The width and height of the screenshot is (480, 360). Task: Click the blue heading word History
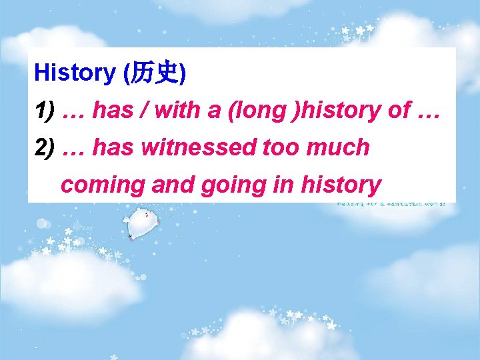coord(74,72)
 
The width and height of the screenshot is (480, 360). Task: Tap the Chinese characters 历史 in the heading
coord(155,73)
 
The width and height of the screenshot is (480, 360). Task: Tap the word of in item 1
coord(398,110)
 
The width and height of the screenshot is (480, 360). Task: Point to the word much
coord(339,147)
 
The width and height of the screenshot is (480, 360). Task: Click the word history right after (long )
coord(341,110)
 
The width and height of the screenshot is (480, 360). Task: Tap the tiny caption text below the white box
coord(395,204)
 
